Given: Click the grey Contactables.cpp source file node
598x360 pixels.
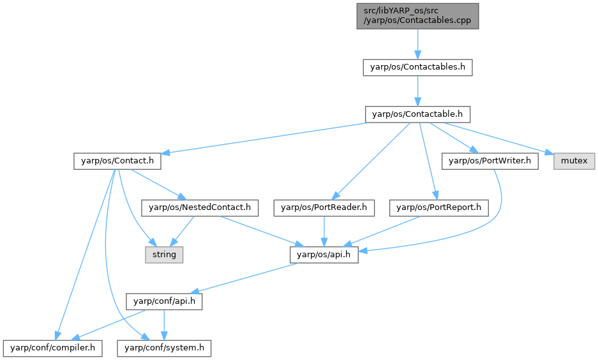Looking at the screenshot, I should pos(417,15).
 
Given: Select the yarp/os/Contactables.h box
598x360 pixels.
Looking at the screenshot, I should pos(417,68).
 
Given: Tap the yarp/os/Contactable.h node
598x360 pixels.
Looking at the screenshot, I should pos(417,114).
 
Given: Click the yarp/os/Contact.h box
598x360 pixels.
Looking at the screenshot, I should pos(116,161).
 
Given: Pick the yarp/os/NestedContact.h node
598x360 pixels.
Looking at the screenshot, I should pos(203,207).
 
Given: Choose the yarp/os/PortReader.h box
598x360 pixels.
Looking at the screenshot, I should pos(324,207).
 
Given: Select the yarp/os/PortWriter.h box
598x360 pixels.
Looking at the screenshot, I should pos(490,161).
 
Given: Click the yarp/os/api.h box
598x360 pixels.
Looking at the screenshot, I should pos(324,255).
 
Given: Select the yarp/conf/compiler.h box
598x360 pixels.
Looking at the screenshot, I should pos(52,348).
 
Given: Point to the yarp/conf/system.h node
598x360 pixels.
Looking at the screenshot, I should pos(164,348).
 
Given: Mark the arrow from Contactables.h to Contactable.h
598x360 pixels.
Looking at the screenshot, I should pos(417,91).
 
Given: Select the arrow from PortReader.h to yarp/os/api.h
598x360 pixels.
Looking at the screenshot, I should pos(324,230).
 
